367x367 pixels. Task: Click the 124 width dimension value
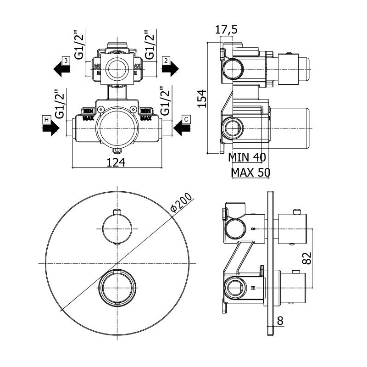(x=117, y=161)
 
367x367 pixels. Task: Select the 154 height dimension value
(x=202, y=98)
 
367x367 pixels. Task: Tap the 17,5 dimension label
(x=226, y=30)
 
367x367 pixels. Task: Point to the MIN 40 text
(x=247, y=157)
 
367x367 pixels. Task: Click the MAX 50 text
(x=250, y=172)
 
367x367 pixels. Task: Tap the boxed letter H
(x=46, y=120)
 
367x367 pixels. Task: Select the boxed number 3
(x=66, y=60)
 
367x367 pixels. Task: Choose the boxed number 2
(x=166, y=60)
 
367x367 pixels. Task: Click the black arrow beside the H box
(x=50, y=129)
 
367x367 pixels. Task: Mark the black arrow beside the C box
(x=182, y=129)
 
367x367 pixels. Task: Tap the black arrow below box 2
(x=170, y=69)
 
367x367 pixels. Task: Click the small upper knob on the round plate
(x=117, y=228)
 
